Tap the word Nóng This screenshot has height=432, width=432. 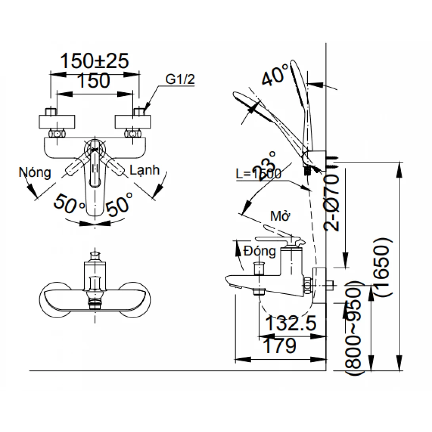coord(35,172)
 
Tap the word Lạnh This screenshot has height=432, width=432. coord(145,170)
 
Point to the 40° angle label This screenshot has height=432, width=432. coord(275,75)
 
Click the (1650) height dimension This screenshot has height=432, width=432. coord(384,267)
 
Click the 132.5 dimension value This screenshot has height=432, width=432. coord(291,324)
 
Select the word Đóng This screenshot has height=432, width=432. coord(260,251)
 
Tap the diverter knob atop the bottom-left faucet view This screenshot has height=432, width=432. coord(95,254)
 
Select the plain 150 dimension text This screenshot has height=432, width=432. coord(93,81)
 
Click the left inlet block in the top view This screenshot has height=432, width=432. coord(57,121)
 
